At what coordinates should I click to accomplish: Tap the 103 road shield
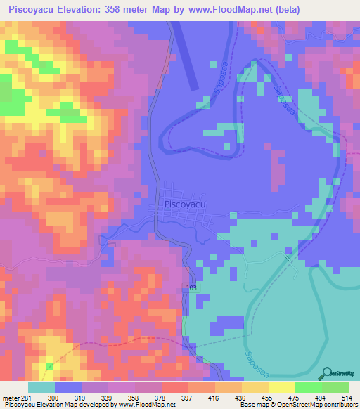tap(192, 288)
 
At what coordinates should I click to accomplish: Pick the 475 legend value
tap(288, 397)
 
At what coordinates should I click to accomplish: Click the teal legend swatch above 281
tap(41, 387)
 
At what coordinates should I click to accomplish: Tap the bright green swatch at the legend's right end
tap(335, 387)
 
